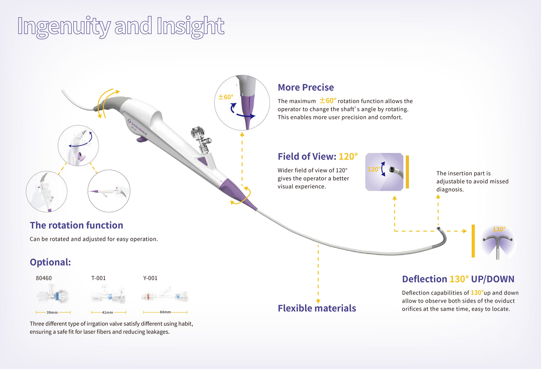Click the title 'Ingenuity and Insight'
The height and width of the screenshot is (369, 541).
[121, 26]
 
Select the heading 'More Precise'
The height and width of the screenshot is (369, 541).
[306, 87]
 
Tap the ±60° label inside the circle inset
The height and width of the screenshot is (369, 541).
[226, 97]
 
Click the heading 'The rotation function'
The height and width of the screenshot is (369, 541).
[76, 225]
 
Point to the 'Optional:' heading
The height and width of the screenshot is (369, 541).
[50, 262]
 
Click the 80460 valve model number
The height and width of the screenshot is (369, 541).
[44, 278]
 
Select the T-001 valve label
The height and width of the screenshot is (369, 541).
[98, 278]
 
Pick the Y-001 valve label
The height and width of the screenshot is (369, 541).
[150, 278]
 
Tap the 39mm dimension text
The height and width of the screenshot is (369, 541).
[52, 312]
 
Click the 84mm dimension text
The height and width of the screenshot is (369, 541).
[165, 312]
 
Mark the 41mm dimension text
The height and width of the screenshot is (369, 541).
[107, 312]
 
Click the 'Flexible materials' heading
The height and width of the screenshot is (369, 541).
[317, 308]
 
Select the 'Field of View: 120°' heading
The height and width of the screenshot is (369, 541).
[317, 157]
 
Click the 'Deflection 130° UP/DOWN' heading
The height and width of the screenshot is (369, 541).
[458, 279]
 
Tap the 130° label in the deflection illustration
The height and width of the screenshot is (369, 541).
[499, 229]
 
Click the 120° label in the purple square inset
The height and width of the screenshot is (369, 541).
[374, 169]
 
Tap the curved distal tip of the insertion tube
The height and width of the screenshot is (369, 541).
[443, 236]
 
